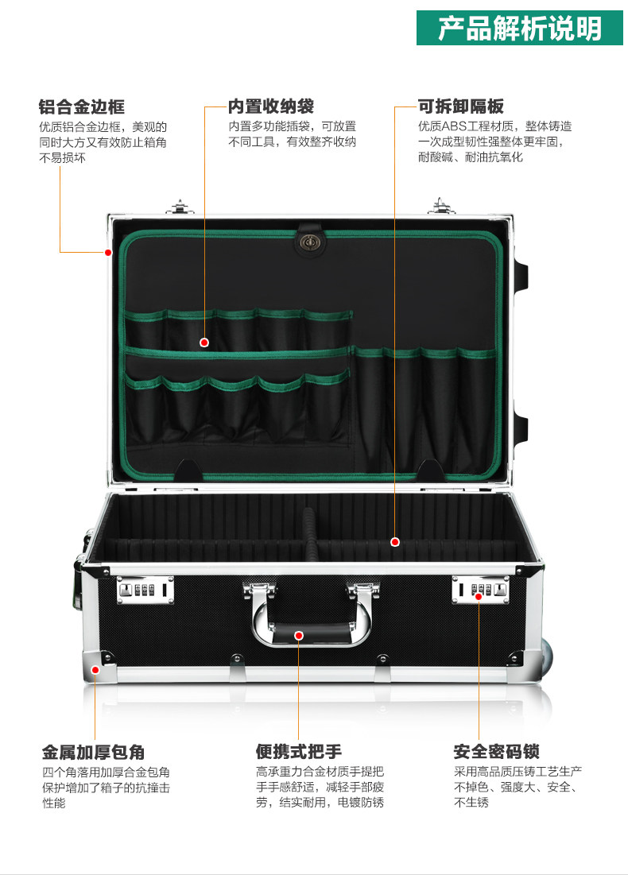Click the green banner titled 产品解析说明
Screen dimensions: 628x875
click(521, 29)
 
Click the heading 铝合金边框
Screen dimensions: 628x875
click(82, 106)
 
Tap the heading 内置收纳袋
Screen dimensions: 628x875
click(270, 106)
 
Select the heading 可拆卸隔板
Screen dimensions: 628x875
click(461, 106)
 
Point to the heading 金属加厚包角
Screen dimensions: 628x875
click(93, 752)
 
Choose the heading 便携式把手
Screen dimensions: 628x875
click(299, 752)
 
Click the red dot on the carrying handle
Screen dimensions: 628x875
click(299, 635)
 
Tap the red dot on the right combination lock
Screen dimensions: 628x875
click(479, 596)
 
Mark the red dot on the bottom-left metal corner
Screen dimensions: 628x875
click(95, 669)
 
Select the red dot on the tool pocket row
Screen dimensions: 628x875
click(204, 343)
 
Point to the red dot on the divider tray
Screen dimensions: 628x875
click(395, 542)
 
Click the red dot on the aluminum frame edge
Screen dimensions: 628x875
click(108, 253)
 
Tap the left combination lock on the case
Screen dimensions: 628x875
click(144, 590)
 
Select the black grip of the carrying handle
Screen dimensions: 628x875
click(310, 635)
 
